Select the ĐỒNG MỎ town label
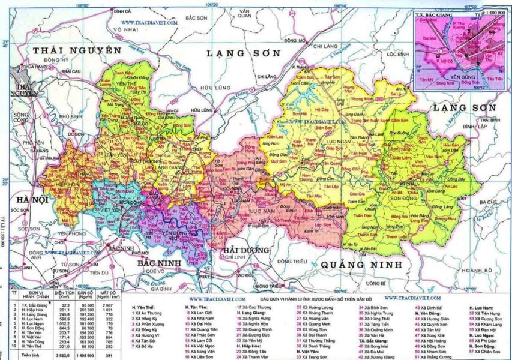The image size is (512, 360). tap(295, 41)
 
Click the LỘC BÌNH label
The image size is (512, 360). tap(398, 54)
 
